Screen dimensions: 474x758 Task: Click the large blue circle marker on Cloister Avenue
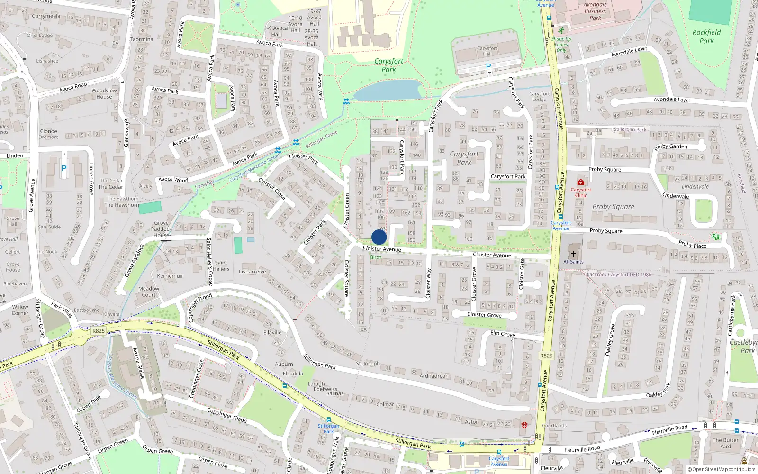379,237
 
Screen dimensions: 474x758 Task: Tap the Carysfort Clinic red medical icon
580,182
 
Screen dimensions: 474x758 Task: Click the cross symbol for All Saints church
573,254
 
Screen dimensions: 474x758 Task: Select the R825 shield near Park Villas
99,331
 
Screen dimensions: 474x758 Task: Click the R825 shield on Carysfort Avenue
546,355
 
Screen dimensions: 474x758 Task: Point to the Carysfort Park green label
388,65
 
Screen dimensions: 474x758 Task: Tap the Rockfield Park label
706,36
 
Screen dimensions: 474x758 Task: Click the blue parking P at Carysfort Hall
488,67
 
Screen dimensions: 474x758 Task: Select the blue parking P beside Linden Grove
64,168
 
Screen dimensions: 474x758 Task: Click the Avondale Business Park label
595,11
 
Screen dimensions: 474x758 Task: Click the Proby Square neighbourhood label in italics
613,207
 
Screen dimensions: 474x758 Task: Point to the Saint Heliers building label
221,265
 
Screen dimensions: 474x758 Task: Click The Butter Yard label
725,443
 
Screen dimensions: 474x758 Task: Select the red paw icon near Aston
524,425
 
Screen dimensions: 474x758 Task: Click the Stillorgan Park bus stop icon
328,419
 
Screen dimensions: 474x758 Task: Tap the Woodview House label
104,93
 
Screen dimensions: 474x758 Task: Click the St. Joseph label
368,364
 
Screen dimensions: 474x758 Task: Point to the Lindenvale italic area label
695,186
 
